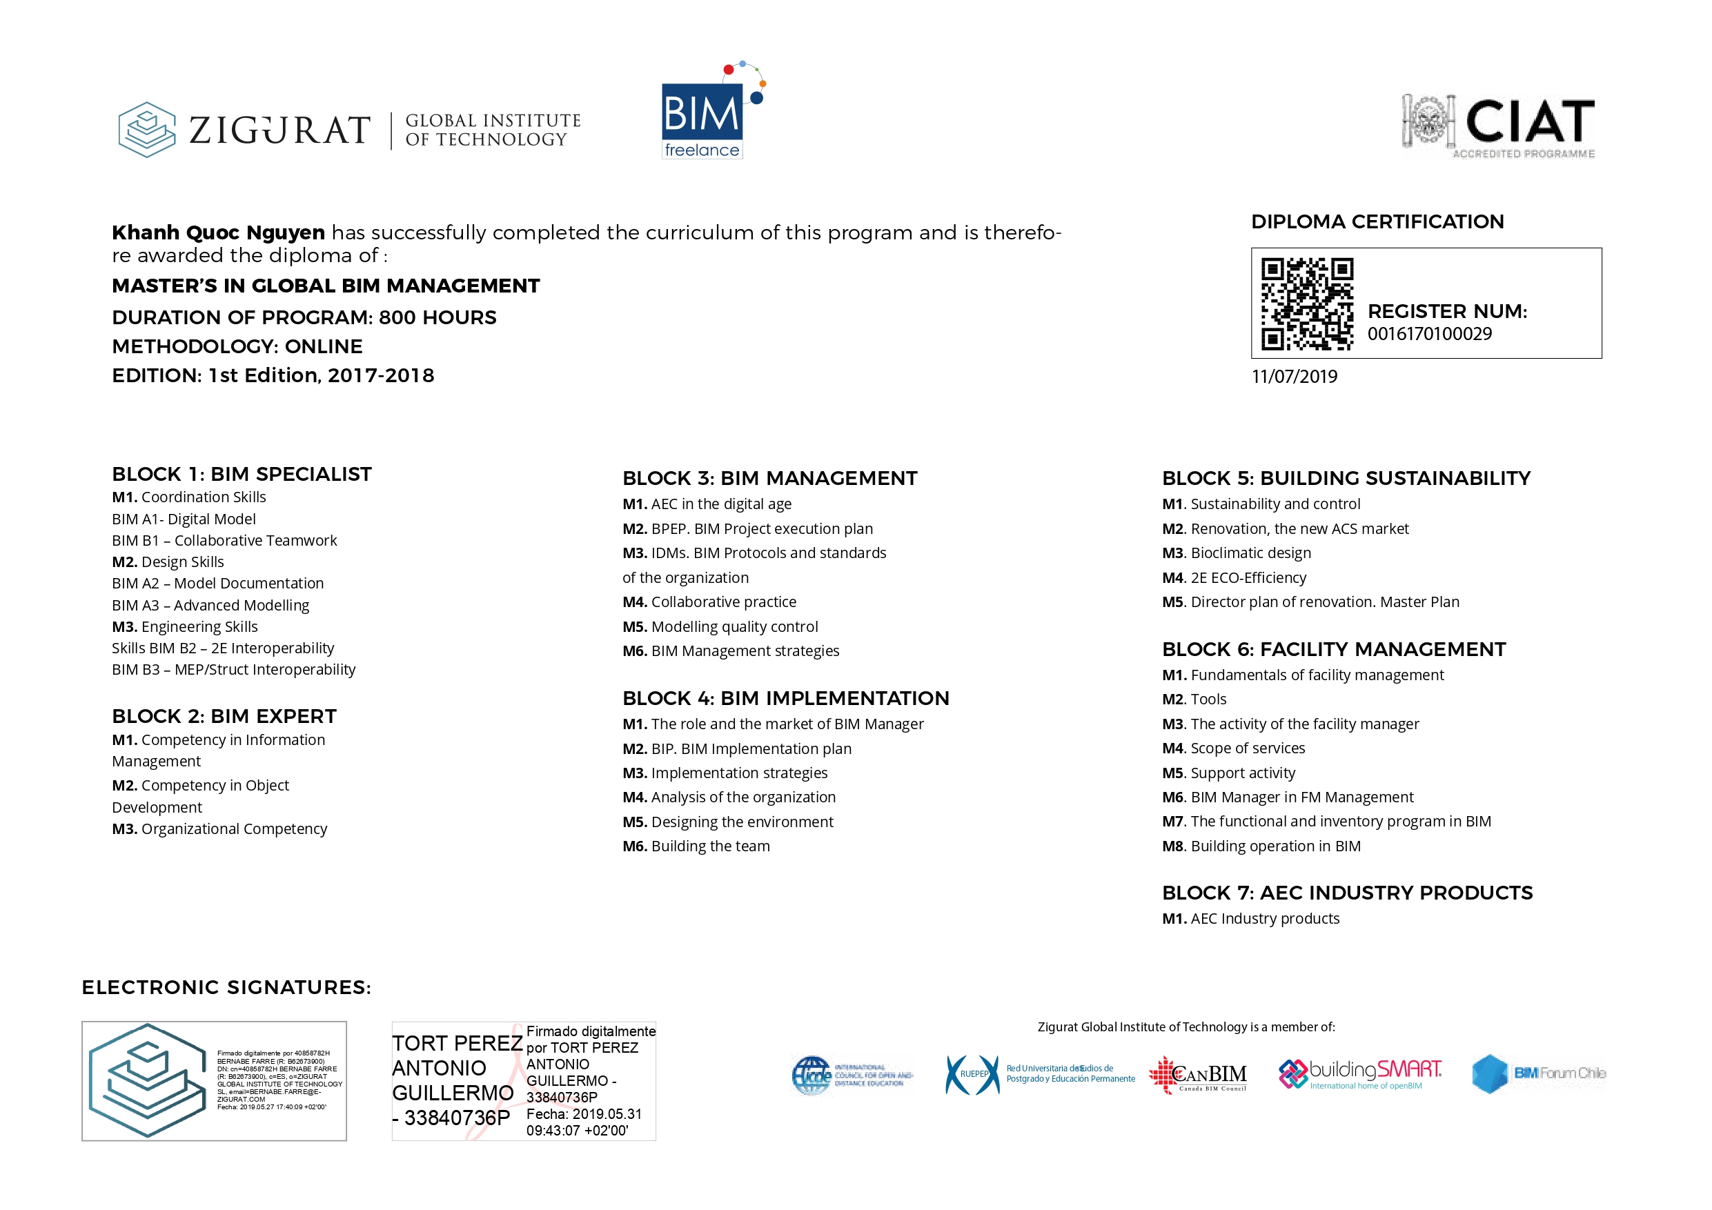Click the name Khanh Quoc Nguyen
click(218, 232)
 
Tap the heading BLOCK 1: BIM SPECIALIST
click(242, 474)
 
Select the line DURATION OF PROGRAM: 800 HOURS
click(304, 317)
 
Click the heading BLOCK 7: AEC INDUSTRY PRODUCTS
click(1347, 893)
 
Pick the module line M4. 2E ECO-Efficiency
click(1234, 578)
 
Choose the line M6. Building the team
click(696, 846)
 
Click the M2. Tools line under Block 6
click(1194, 700)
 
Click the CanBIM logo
click(1197, 1075)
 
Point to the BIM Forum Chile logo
click(1538, 1073)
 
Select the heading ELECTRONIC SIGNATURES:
click(226, 987)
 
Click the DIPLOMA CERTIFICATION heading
click(1377, 221)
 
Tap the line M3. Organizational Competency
click(219, 829)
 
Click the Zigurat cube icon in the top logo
click(147, 130)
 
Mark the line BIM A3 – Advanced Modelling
click(210, 606)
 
